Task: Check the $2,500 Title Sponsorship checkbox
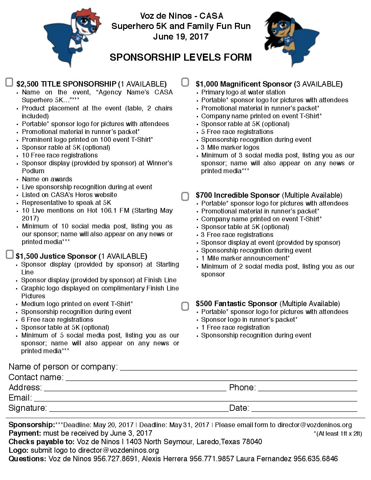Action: click(x=10, y=82)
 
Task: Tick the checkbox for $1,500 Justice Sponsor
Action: click(x=10, y=255)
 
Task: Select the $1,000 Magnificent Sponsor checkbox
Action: click(x=185, y=82)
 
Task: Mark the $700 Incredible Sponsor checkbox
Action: click(x=185, y=196)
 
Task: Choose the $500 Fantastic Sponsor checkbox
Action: click(x=185, y=306)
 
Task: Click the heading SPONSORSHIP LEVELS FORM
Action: click(x=181, y=57)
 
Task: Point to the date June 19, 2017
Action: click(x=181, y=36)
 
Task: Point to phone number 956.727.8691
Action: click(x=116, y=459)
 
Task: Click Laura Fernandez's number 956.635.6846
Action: click(x=315, y=459)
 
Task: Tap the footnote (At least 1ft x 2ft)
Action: click(x=338, y=434)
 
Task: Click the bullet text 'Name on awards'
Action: click(x=47, y=179)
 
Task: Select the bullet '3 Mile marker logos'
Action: click(x=230, y=148)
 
